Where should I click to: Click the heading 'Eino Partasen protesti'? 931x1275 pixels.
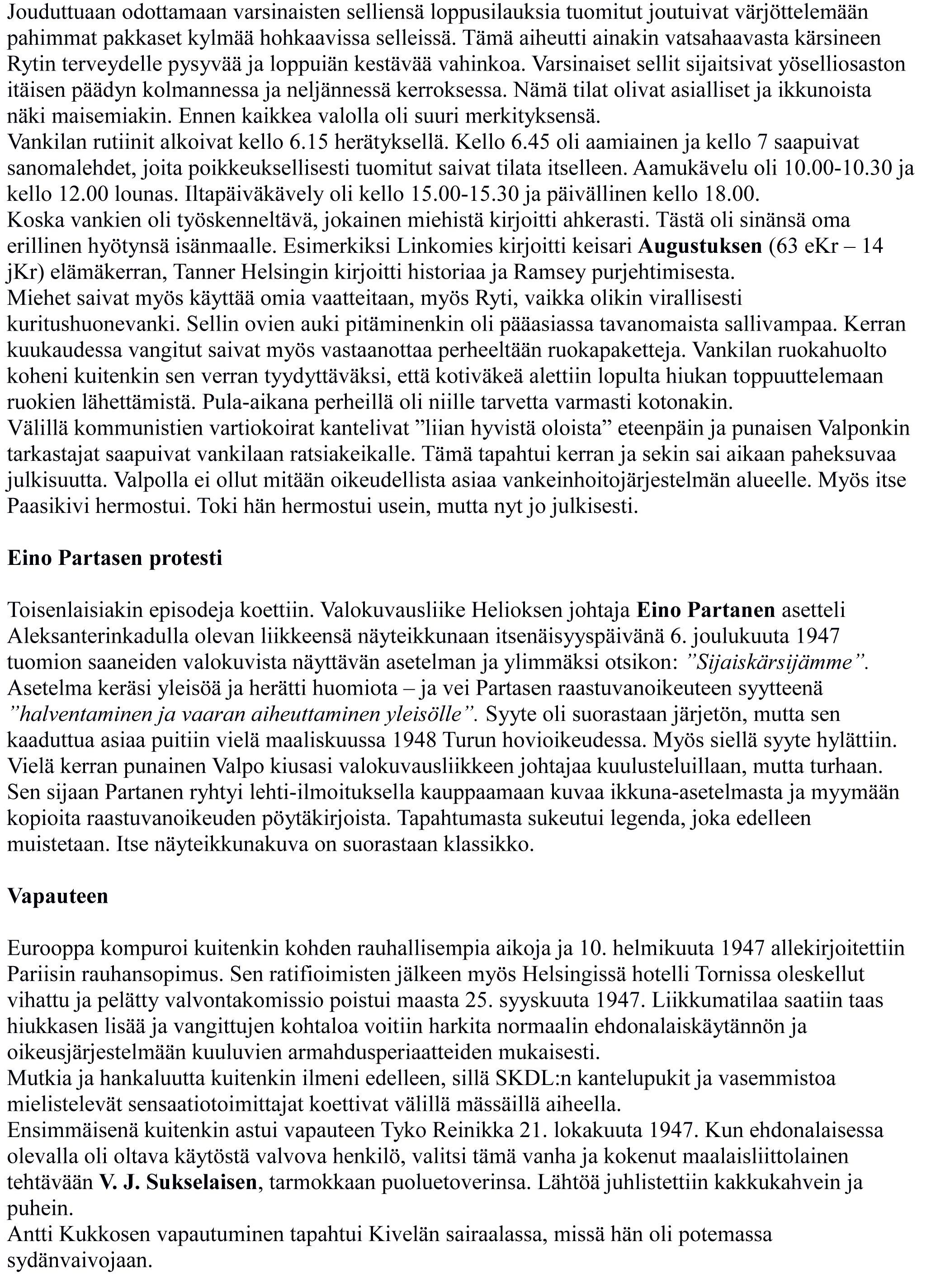115,558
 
